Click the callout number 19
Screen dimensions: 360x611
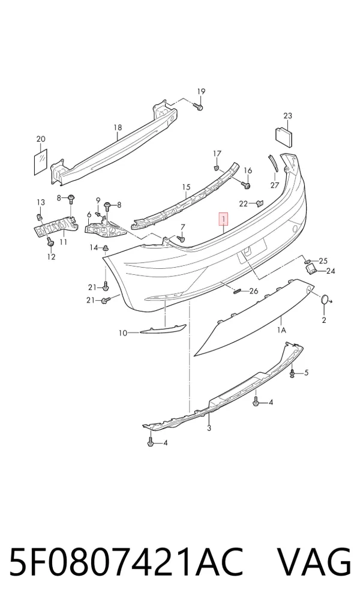[200, 92]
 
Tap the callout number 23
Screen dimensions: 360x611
[287, 116]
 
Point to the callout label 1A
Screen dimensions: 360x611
[281, 331]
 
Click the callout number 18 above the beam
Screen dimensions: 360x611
[118, 127]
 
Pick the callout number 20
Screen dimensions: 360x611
[41, 139]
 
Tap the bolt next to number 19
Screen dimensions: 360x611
[198, 106]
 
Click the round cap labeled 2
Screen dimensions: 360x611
[324, 299]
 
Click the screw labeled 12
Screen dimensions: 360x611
[49, 242]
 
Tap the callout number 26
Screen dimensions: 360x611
[253, 290]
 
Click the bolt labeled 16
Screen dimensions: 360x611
[245, 185]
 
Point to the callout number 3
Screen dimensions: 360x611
[209, 429]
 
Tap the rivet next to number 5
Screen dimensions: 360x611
[292, 374]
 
